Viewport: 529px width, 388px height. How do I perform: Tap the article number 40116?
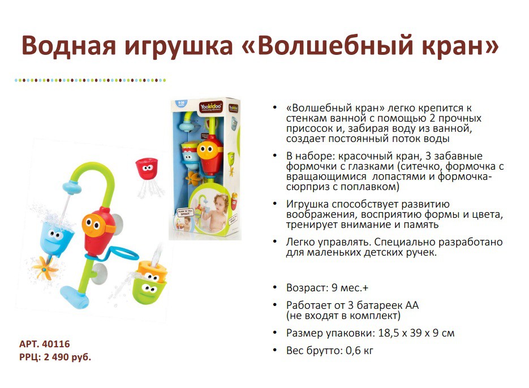pos(57,344)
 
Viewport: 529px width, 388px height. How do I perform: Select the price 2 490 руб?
pos(67,357)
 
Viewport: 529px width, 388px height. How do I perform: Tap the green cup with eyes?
pos(149,288)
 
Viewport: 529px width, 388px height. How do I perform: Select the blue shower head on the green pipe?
pos(72,187)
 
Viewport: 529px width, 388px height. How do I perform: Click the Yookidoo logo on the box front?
pos(211,107)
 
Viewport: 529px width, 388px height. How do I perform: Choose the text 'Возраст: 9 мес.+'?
pos(327,288)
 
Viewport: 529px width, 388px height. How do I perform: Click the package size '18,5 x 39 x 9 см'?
pos(416,333)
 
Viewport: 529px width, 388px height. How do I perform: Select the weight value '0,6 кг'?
pos(359,351)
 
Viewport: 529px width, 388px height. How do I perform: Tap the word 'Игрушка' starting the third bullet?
pos(307,204)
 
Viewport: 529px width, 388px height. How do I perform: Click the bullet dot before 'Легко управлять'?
pos(276,242)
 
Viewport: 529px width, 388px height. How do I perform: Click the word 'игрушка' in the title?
pos(179,46)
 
